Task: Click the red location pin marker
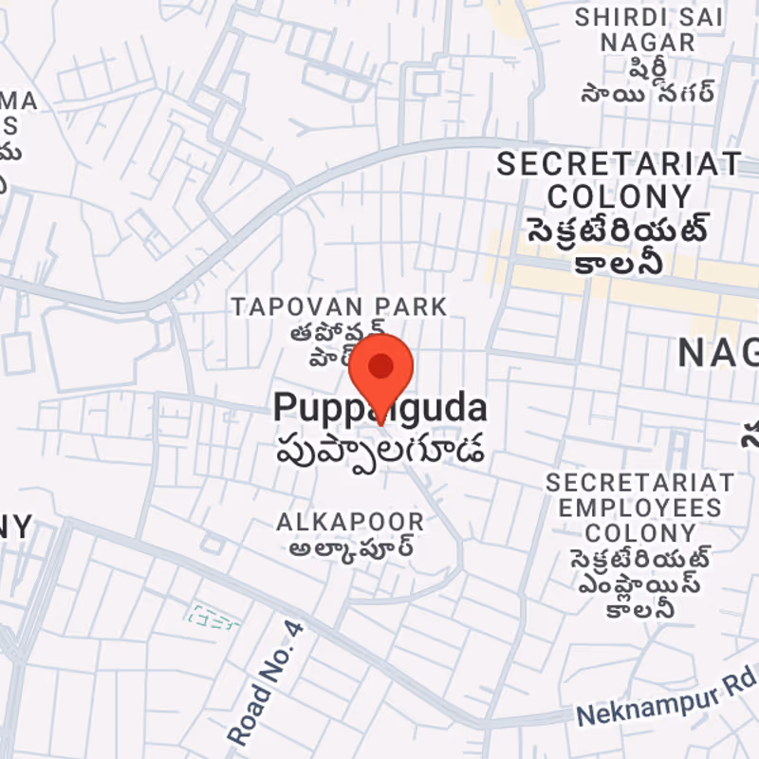(x=381, y=375)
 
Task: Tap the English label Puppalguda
(x=379, y=409)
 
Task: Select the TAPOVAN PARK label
(x=340, y=306)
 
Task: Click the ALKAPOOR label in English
(x=350, y=522)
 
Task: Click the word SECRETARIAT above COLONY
(x=619, y=163)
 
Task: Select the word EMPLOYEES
(x=639, y=508)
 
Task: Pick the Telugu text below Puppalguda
(x=379, y=447)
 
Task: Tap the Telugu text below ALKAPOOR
(x=350, y=548)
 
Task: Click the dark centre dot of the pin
(x=381, y=365)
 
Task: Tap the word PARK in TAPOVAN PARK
(x=411, y=306)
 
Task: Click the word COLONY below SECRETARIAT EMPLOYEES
(x=639, y=532)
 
